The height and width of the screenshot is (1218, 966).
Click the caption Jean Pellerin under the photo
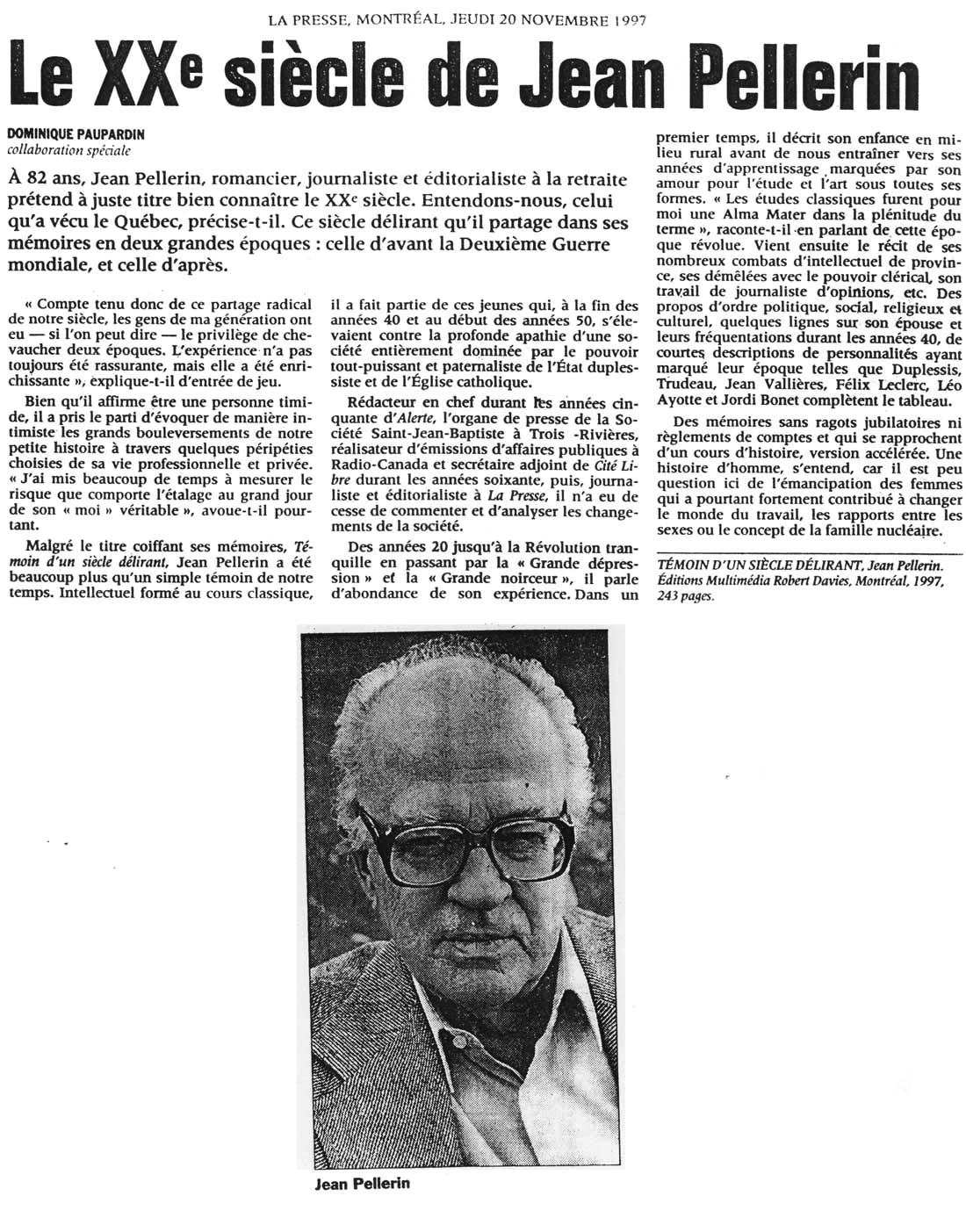click(362, 1183)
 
